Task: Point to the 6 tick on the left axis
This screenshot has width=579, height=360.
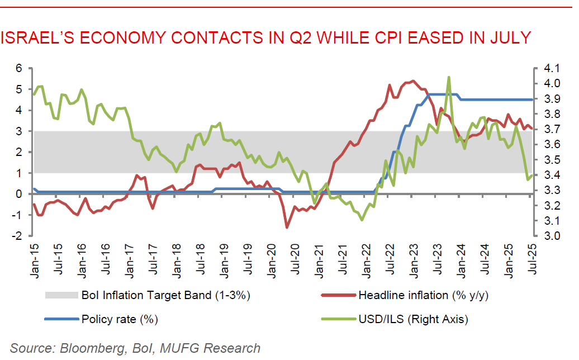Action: (x=18, y=68)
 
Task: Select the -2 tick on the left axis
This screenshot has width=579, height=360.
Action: (x=16, y=236)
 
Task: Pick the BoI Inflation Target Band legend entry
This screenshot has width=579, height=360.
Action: (x=165, y=295)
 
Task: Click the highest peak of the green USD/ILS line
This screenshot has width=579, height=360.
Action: (x=449, y=77)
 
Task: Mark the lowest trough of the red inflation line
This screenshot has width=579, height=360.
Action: (x=287, y=227)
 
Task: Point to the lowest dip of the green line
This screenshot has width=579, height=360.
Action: (x=362, y=220)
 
